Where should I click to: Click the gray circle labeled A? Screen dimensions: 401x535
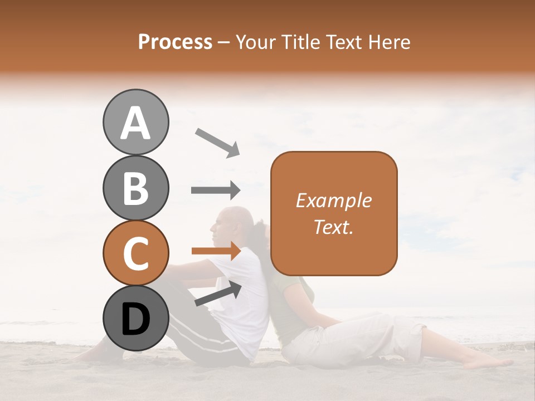135,122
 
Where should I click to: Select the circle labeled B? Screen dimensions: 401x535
135,188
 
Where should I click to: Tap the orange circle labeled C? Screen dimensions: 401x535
135,253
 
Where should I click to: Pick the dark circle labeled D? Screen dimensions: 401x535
135,319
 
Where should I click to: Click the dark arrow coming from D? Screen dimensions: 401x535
218,294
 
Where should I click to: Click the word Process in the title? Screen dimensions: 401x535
175,42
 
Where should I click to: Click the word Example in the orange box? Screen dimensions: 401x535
333,200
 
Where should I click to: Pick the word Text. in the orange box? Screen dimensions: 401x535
333,227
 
